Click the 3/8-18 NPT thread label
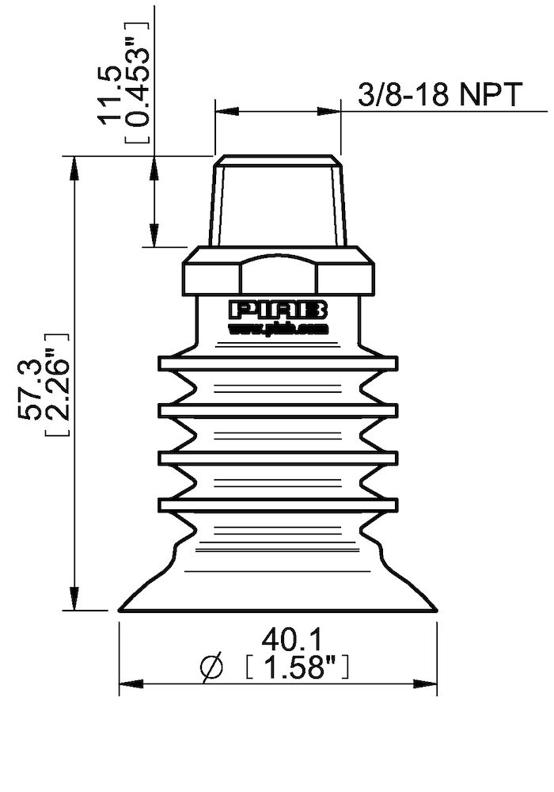[x=440, y=95]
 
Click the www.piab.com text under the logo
[x=278, y=327]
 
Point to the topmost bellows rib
[x=278, y=364]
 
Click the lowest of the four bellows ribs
[x=278, y=504]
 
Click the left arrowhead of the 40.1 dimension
[x=127, y=683]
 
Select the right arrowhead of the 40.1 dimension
[x=429, y=683]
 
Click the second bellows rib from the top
[x=278, y=410]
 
